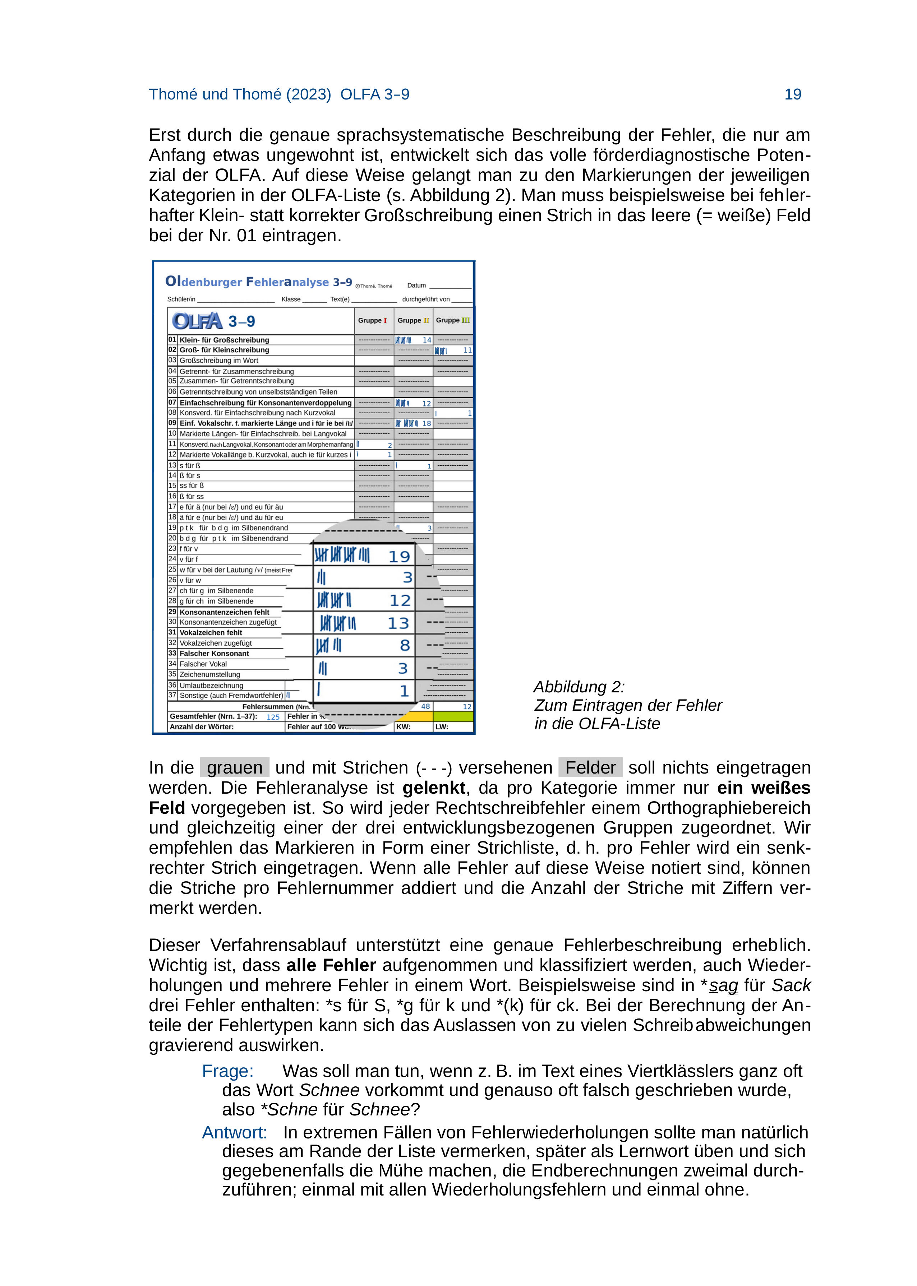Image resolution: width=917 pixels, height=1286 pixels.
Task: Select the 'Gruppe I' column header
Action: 372,321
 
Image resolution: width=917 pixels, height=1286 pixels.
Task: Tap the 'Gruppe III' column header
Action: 452,321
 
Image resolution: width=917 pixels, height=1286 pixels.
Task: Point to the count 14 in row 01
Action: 427,340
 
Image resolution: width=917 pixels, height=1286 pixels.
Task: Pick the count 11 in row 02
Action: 467,350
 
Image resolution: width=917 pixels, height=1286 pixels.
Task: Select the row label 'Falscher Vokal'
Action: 203,664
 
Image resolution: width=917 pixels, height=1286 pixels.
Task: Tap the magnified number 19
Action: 399,557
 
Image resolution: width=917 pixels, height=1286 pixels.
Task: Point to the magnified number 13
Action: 398,623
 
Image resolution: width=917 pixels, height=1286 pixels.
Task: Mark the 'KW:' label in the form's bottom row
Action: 403,727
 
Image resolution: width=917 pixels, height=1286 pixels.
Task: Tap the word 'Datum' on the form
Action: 417,285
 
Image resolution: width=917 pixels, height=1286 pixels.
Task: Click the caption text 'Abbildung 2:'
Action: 579,687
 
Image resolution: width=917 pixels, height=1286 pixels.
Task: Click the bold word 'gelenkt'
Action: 434,788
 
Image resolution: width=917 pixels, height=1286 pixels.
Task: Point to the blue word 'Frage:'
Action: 228,1071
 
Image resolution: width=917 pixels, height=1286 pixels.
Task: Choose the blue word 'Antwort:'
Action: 234,1133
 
